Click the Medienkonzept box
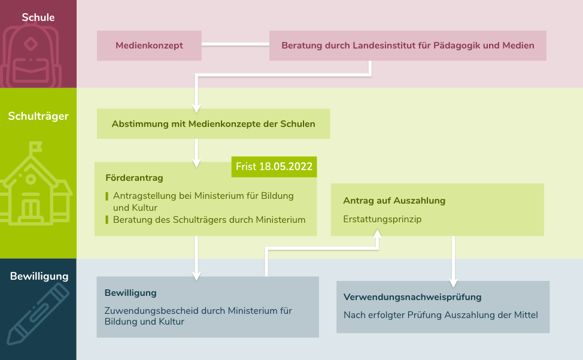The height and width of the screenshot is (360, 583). click(149, 46)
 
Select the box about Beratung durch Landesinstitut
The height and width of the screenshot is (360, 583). click(408, 46)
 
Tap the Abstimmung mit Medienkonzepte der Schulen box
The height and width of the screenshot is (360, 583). click(214, 124)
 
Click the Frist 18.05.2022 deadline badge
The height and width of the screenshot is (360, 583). click(274, 167)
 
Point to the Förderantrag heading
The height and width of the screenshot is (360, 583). click(134, 178)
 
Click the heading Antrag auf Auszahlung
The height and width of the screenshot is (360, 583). click(394, 201)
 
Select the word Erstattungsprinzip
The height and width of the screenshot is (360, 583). click(382, 219)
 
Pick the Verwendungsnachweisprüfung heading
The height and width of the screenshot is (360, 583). click(412, 297)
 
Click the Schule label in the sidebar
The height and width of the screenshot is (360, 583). click(38, 17)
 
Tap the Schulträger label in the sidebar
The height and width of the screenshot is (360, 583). click(38, 116)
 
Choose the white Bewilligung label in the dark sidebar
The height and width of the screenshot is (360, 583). click(39, 276)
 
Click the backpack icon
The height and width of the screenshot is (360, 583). click(31, 56)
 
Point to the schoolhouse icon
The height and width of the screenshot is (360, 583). click(36, 183)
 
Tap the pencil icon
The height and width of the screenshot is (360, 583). click(38, 314)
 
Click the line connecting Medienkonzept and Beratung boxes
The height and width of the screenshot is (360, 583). click(235, 44)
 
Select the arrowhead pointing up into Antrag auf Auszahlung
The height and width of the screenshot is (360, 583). click(377, 234)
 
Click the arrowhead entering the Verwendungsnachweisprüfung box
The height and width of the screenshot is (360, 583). click(453, 283)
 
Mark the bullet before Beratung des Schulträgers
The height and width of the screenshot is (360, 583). click(107, 220)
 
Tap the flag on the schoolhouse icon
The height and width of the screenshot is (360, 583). click(35, 147)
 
